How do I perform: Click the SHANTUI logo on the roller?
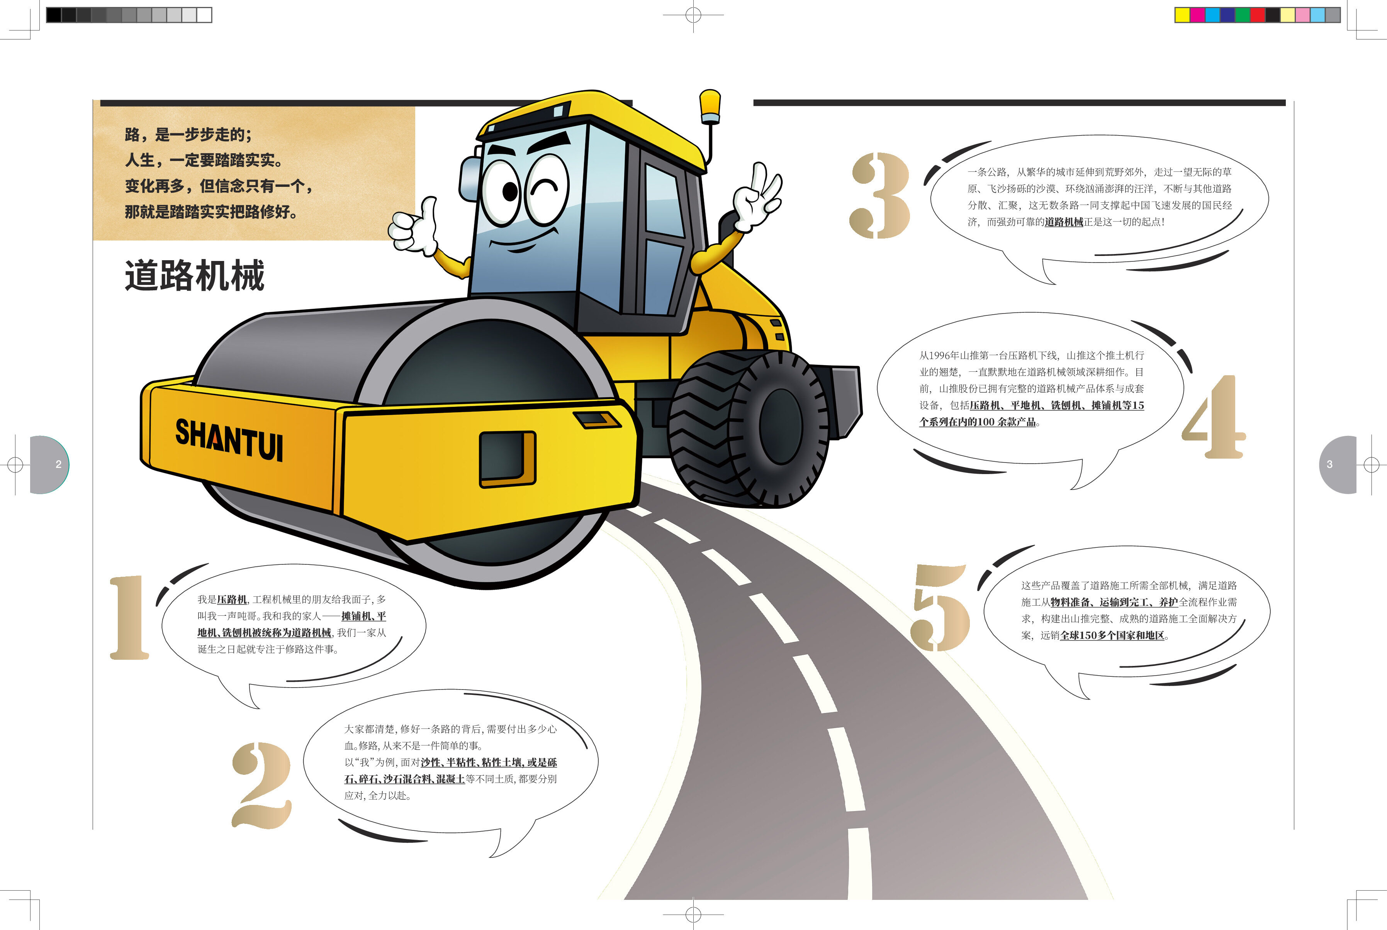point(229,439)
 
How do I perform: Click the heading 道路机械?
point(195,275)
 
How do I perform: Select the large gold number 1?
point(129,617)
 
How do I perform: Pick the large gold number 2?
point(261,785)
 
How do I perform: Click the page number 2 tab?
point(50,464)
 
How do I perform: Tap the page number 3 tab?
point(1338,464)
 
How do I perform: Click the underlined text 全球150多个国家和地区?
point(1112,635)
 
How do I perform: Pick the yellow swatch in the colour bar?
point(1182,15)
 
